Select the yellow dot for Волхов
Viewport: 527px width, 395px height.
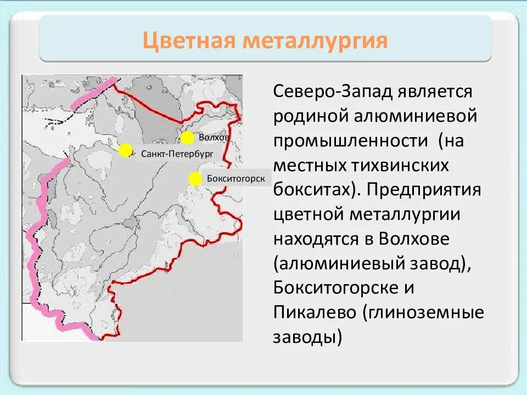[x=187, y=137]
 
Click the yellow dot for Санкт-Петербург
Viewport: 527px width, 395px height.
[x=126, y=150]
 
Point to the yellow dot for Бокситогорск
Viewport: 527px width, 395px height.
[x=195, y=179]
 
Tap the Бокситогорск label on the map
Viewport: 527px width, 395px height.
[x=236, y=179]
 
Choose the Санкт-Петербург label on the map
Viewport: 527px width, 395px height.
[x=177, y=154]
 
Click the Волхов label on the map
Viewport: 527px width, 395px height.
[x=214, y=137]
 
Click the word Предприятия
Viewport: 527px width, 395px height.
[x=425, y=190]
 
